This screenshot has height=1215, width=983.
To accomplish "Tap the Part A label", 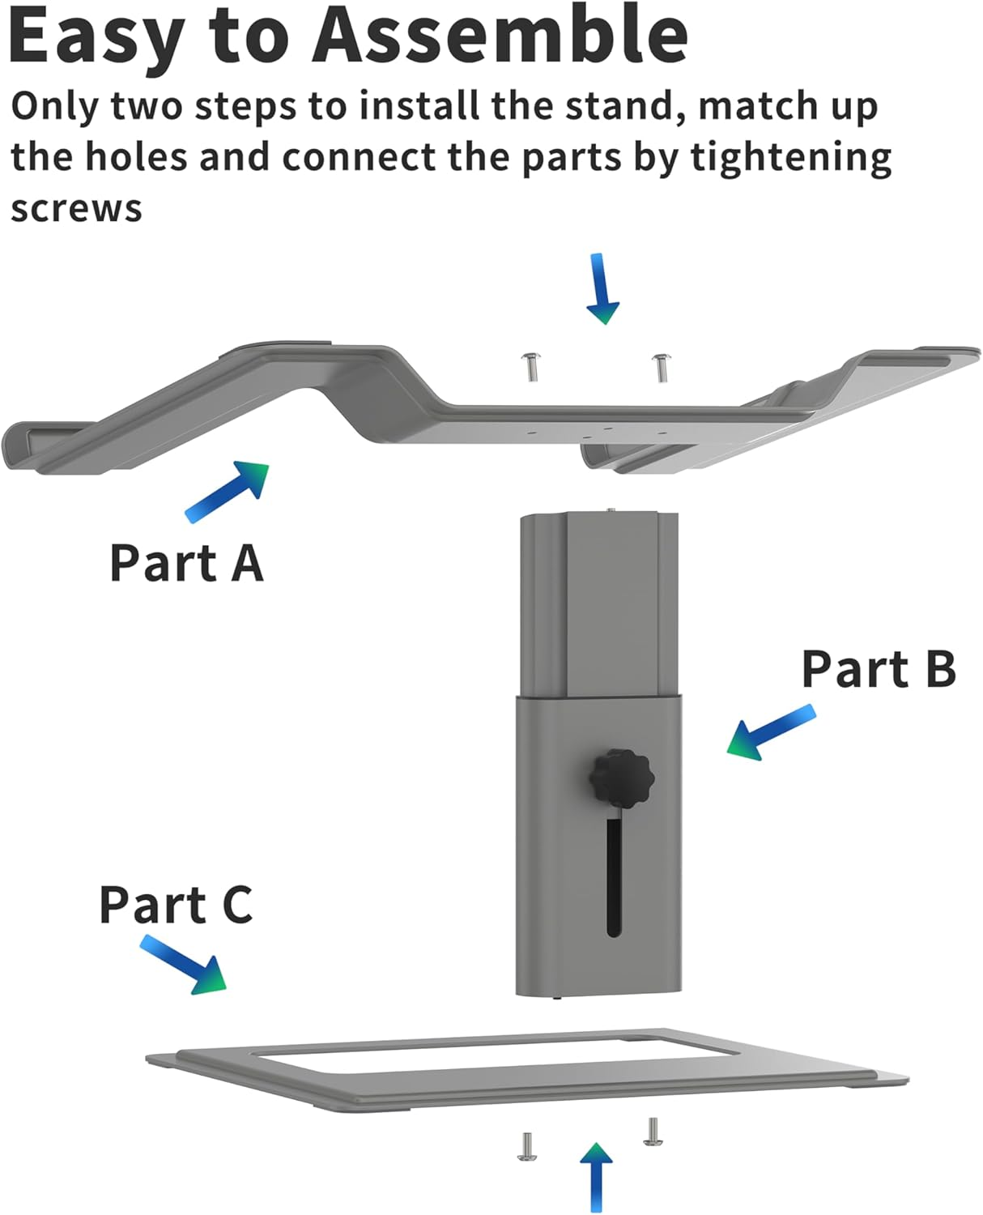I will click(x=186, y=563).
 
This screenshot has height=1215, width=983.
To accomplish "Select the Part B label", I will click(x=879, y=669).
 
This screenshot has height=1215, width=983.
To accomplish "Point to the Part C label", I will click(x=176, y=905).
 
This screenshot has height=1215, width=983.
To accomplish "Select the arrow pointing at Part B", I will click(x=770, y=732).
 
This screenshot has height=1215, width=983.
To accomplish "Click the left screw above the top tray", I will click(x=531, y=367).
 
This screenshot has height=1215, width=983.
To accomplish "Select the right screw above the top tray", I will click(x=661, y=367).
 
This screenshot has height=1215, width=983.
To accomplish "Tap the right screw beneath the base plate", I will click(x=653, y=1132).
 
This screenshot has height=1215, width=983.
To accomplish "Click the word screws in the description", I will click(x=76, y=209).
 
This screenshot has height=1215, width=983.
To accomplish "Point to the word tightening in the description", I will click(x=790, y=158).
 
